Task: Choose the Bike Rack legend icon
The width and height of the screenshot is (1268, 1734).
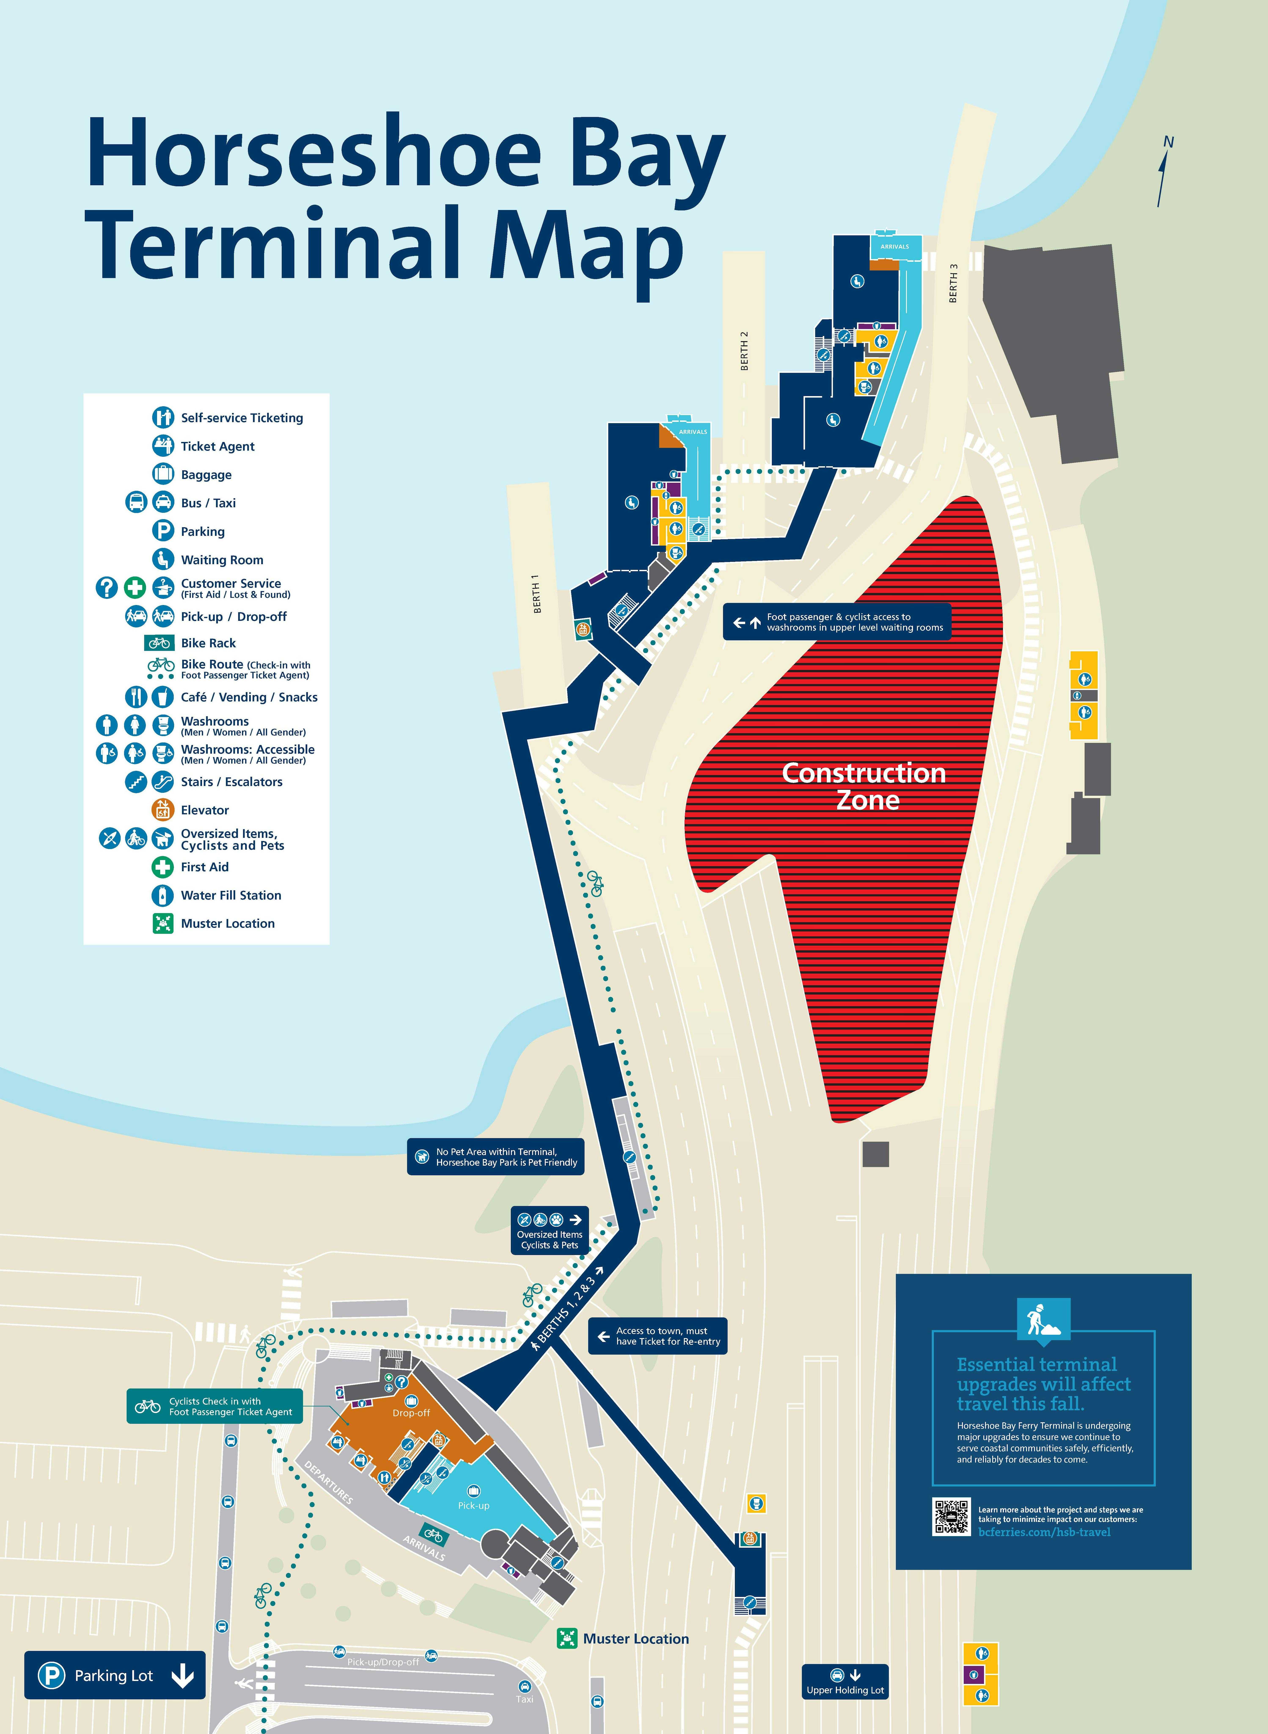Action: (x=160, y=643)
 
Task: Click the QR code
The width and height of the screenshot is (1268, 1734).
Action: (x=951, y=1517)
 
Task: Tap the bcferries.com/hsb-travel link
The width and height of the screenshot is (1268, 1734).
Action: (x=1044, y=1532)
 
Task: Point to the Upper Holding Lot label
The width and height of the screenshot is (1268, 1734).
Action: (x=845, y=1690)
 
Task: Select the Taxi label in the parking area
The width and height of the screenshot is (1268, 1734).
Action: (x=524, y=1699)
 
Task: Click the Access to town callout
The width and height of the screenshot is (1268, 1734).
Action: (x=657, y=1336)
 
